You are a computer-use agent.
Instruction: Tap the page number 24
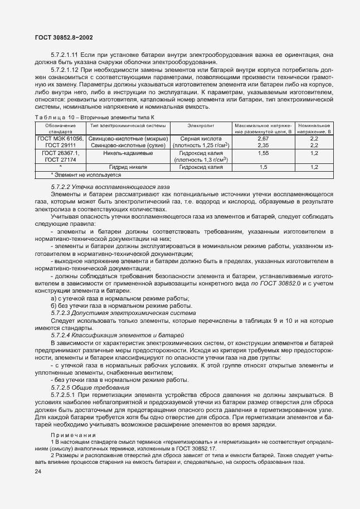click(x=38, y=472)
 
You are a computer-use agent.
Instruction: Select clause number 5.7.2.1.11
click(x=66, y=55)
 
